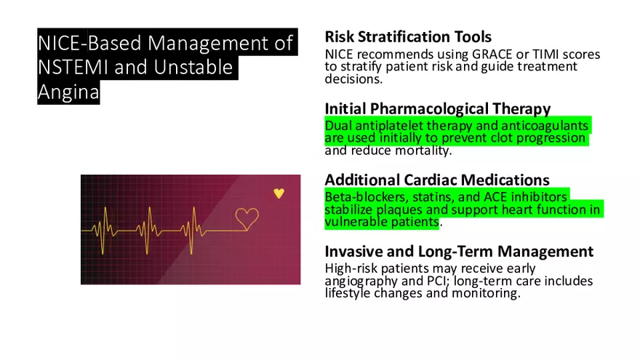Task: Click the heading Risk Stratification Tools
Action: [408, 36]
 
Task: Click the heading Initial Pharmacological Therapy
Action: [437, 108]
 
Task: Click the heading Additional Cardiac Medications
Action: [436, 180]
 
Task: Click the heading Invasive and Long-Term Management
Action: [459, 252]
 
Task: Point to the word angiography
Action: [359, 281]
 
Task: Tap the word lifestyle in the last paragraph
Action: [351, 293]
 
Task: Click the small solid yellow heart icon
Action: [279, 193]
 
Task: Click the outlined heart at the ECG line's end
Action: [247, 217]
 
